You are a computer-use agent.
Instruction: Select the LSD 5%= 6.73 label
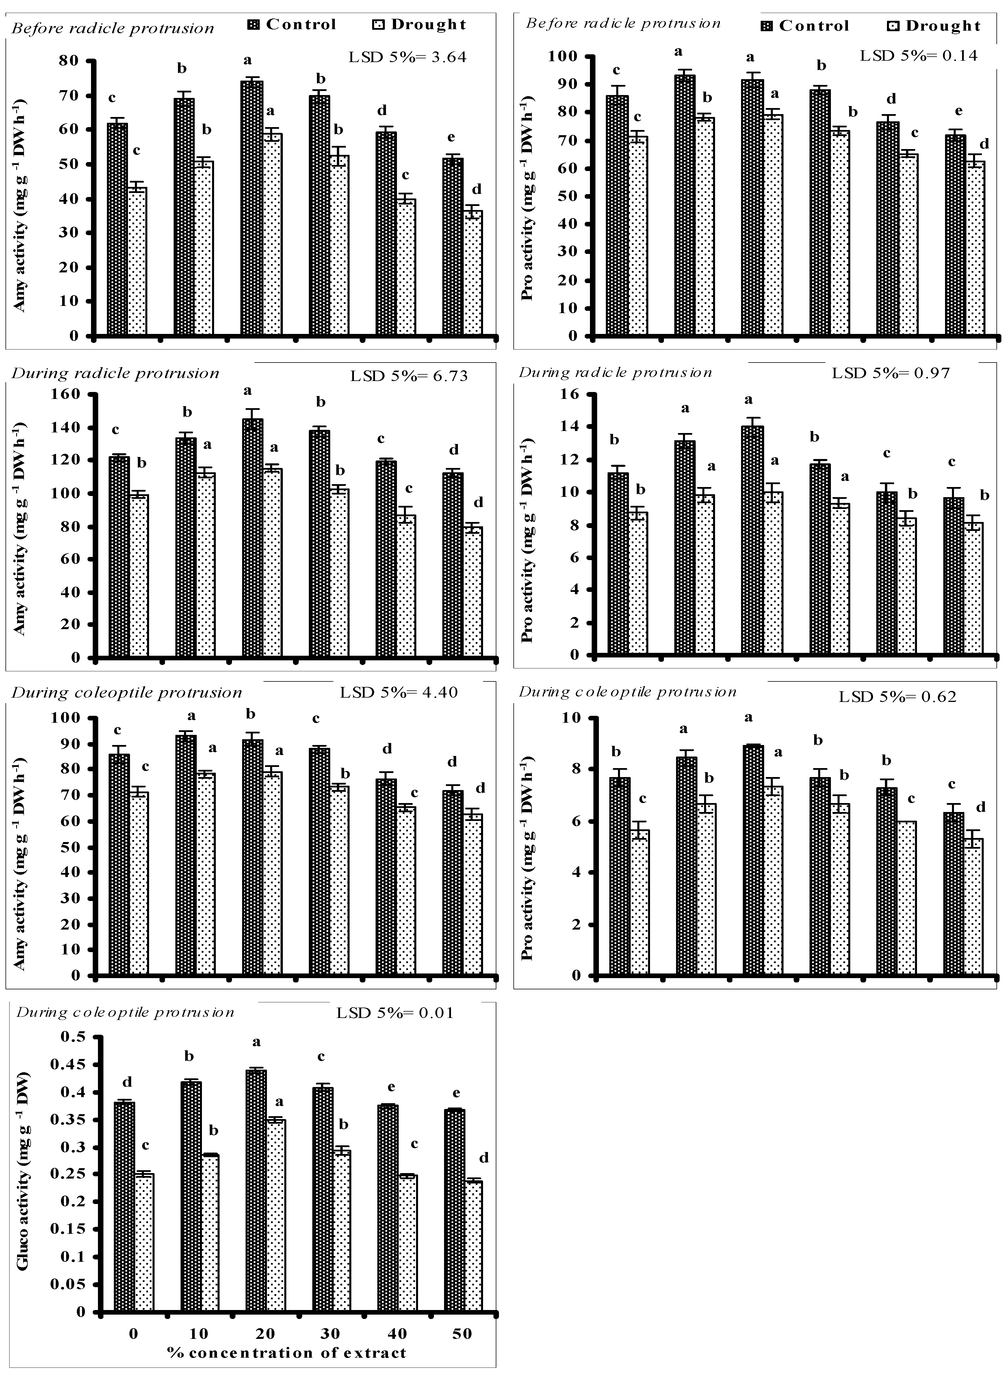pos(409,376)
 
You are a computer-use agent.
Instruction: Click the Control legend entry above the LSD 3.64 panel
pos(292,24)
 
